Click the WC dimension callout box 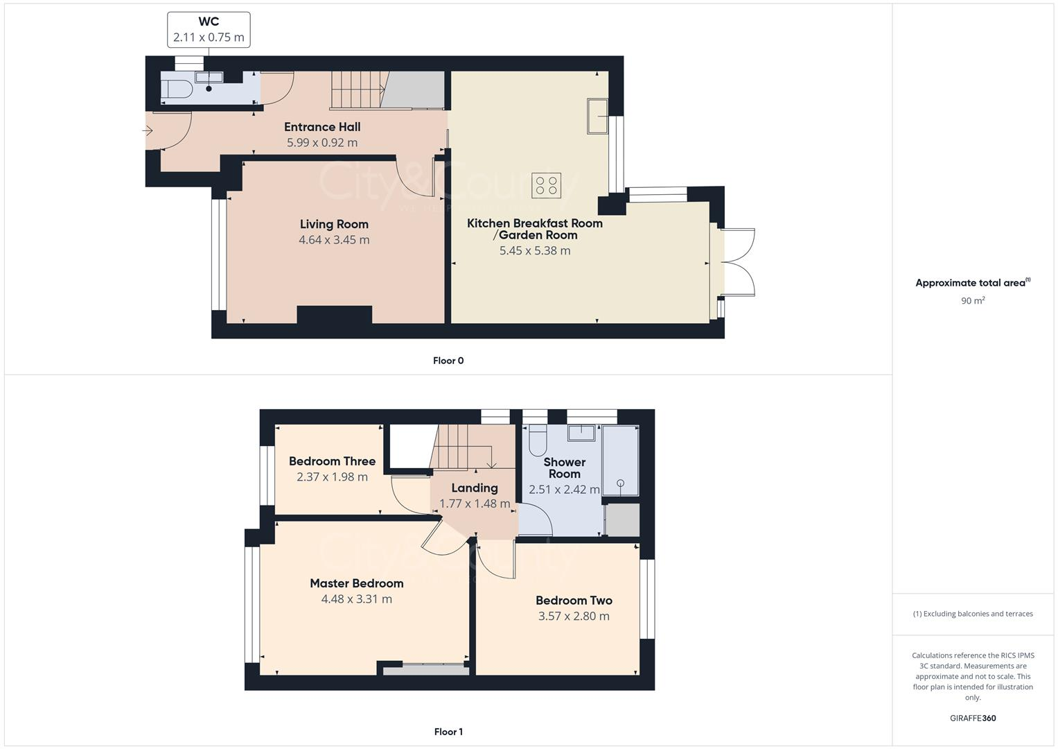click(x=209, y=30)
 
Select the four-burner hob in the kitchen click(x=545, y=185)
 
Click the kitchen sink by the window click(x=597, y=116)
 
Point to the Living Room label click(x=334, y=224)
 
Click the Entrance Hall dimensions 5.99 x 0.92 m click(x=322, y=143)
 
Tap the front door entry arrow click(x=147, y=130)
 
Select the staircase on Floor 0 click(x=356, y=90)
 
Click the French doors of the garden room click(x=737, y=263)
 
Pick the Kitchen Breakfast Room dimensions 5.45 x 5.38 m click(x=535, y=250)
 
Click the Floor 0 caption click(x=448, y=361)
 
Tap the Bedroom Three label click(x=332, y=461)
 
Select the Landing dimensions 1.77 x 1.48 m click(x=475, y=503)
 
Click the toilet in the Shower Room click(x=537, y=439)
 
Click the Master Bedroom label click(x=356, y=583)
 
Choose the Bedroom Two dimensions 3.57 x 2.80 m click(x=574, y=616)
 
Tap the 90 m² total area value click(x=972, y=300)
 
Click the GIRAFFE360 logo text click(x=973, y=718)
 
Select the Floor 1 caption click(x=448, y=732)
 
